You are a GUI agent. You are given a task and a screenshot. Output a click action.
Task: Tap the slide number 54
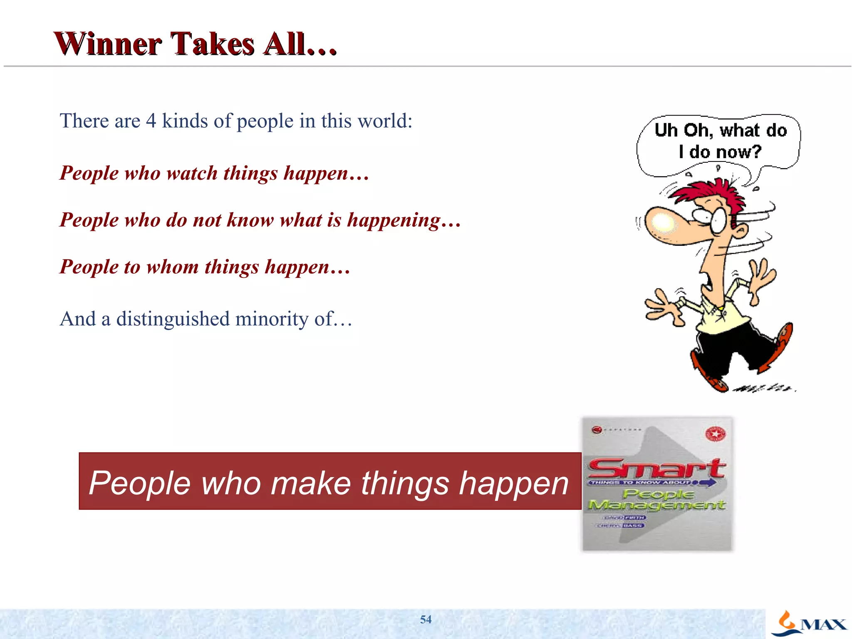(426, 619)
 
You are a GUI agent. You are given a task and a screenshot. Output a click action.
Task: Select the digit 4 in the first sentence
(151, 121)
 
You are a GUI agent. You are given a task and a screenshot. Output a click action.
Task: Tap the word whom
(172, 267)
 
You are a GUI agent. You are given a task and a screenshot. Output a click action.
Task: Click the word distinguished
(173, 319)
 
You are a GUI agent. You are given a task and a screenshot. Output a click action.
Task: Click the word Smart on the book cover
(656, 469)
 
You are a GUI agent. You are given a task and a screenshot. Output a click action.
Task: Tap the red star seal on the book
(716, 434)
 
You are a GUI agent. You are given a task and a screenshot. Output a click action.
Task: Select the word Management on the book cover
(656, 505)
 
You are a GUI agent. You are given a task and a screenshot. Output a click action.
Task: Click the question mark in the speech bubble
(756, 151)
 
